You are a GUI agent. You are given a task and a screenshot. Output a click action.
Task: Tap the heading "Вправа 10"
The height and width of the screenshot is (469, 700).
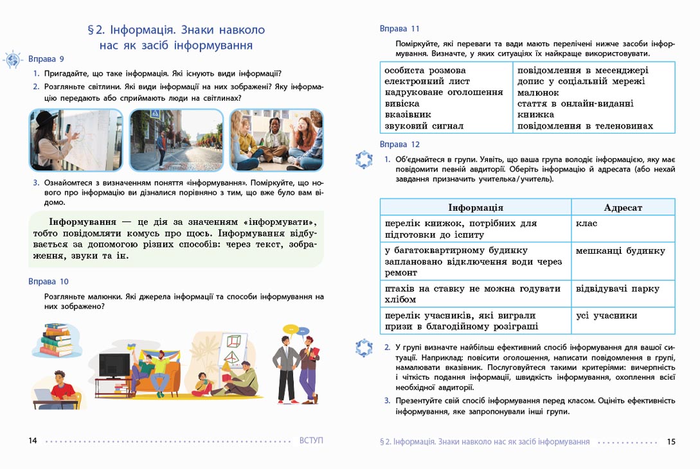48,281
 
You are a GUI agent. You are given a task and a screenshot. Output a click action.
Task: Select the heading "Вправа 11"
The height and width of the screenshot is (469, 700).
399,29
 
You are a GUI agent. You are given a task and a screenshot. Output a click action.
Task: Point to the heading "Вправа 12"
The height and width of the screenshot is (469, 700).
399,145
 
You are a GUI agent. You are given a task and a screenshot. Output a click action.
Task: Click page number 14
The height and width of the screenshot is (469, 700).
33,441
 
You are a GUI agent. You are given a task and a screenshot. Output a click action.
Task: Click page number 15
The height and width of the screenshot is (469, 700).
671,441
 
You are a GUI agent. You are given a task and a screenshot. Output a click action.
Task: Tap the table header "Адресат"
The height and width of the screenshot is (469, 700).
622,208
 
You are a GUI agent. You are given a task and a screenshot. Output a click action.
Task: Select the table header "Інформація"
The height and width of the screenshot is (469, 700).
475,208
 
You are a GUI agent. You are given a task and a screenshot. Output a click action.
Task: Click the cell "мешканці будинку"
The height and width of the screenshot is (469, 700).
620,251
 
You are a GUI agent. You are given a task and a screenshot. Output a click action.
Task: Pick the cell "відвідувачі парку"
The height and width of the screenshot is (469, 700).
618,289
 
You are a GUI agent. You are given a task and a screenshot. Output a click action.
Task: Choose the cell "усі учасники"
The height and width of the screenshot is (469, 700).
607,315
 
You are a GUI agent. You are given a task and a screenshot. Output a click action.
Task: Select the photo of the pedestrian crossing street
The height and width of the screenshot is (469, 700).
175,140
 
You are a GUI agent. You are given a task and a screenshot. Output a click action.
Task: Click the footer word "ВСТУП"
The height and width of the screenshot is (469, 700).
311,441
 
